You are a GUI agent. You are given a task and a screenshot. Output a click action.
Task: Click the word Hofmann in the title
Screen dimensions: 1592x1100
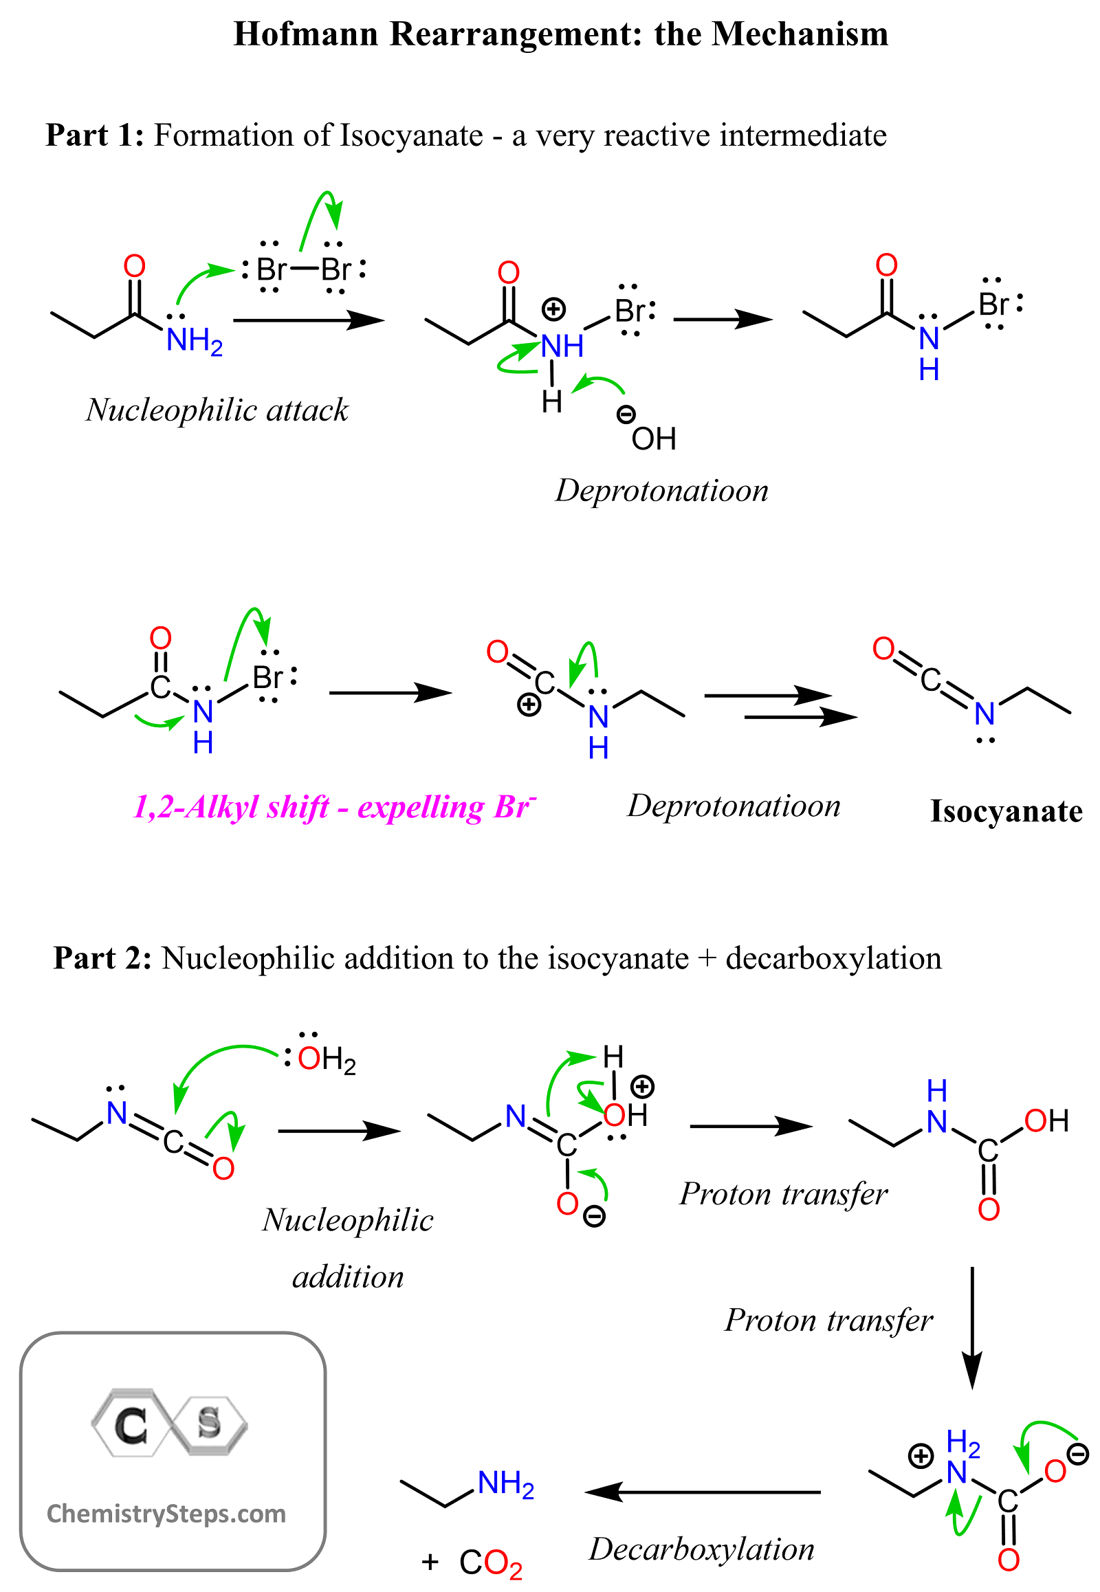click(305, 34)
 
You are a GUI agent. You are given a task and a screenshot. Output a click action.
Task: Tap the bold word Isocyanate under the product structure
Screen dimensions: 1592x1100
click(1006, 811)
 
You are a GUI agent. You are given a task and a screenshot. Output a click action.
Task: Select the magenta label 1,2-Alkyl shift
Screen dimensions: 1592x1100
click(231, 807)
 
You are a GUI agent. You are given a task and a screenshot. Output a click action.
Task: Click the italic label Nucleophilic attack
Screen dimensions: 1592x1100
click(217, 410)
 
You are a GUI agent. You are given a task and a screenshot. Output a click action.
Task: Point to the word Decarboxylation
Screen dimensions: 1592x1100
click(702, 1549)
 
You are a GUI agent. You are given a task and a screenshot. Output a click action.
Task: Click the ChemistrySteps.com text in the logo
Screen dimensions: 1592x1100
click(166, 1514)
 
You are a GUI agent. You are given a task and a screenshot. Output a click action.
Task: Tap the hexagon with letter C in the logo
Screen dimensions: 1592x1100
click(130, 1423)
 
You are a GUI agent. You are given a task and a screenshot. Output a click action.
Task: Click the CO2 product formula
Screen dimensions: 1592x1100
click(491, 1563)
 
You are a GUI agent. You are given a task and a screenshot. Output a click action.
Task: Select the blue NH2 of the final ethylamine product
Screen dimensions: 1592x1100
click(506, 1484)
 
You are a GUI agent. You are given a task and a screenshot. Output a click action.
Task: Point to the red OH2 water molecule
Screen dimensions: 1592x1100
click(327, 1059)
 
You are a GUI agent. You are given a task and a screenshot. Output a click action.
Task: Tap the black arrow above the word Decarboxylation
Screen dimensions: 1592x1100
click(703, 1492)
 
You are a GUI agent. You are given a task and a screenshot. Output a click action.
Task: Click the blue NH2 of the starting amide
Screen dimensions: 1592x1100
click(195, 341)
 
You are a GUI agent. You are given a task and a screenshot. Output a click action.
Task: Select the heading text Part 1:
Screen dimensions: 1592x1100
click(94, 135)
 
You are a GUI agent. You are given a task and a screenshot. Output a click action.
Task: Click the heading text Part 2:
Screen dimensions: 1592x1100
click(102, 958)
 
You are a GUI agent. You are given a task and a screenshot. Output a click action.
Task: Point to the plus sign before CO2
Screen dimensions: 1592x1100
click(430, 1562)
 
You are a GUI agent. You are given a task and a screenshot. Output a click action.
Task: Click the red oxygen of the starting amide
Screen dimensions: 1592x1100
click(134, 266)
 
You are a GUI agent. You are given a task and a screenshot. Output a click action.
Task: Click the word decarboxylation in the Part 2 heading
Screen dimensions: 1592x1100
click(833, 958)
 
